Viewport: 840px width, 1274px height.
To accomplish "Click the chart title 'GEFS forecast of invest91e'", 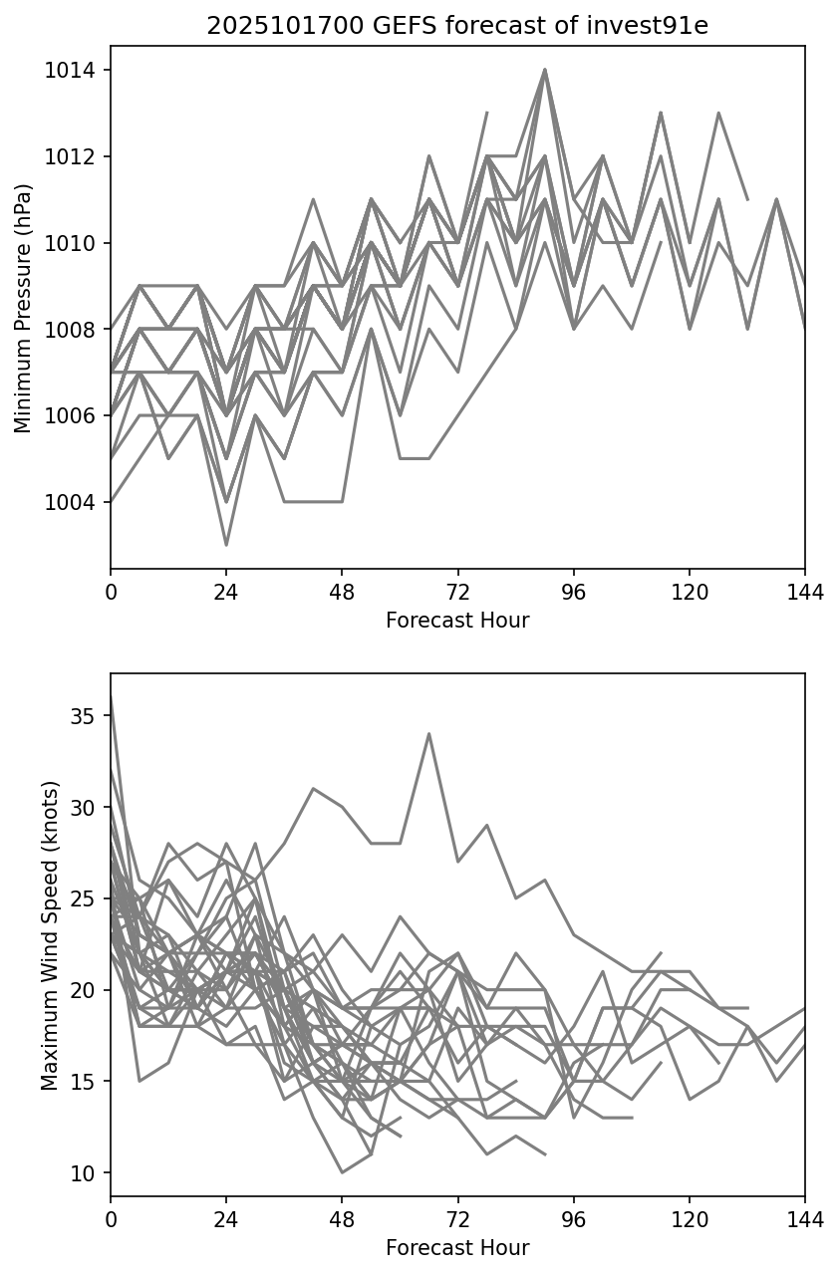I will tap(457, 27).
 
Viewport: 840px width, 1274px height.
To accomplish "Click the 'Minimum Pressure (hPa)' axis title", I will tap(24, 308).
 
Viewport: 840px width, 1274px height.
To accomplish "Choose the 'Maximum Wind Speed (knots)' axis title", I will tap(51, 934).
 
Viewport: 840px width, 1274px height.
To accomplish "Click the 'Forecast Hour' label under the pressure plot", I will tap(457, 621).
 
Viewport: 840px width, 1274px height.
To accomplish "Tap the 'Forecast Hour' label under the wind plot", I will tap(457, 1247).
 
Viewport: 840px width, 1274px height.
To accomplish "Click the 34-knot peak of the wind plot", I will tap(428, 734).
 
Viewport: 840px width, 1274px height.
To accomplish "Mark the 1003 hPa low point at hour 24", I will tap(226, 545).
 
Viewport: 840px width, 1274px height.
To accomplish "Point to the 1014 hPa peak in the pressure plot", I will tap(544, 70).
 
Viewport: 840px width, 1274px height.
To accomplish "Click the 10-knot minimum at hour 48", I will tap(342, 1172).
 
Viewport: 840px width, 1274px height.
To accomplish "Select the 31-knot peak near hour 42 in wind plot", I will tap(313, 788).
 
